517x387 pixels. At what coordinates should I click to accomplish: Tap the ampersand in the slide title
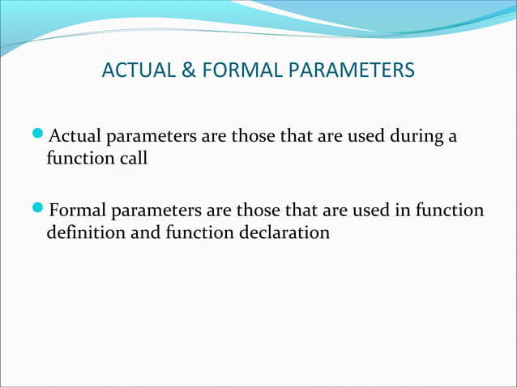[x=188, y=71]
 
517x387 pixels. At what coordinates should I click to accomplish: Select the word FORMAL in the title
[x=236, y=71]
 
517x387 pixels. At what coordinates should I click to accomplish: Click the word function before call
[x=80, y=158]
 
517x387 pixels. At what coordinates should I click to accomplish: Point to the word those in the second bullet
[x=258, y=211]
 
